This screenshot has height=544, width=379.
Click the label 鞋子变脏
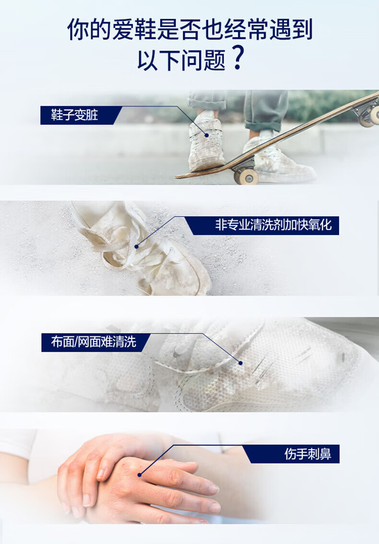click(74, 115)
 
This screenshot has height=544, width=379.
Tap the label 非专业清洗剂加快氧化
click(273, 225)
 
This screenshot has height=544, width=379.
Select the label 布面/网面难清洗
click(94, 342)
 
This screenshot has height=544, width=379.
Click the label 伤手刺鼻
click(308, 454)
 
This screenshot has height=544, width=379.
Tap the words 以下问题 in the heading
click(181, 60)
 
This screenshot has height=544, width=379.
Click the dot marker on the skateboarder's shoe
click(207, 136)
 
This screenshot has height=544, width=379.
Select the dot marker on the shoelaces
click(137, 247)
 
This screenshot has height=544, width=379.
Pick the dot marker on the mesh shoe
click(240, 363)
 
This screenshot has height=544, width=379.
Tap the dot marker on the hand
click(140, 475)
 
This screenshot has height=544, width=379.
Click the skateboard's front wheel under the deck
click(246, 176)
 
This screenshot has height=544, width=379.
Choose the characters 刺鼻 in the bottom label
click(320, 454)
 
